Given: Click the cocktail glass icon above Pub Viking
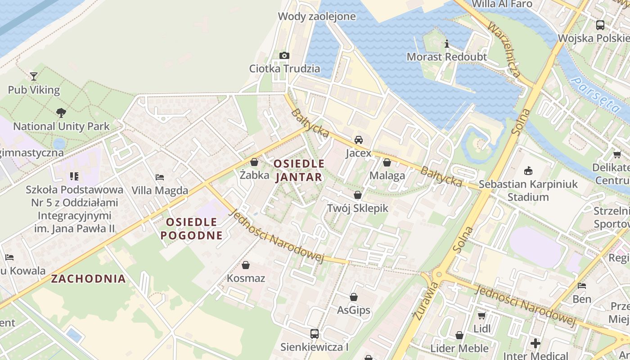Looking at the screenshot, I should click(x=34, y=76).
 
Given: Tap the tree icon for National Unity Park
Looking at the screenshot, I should click(x=61, y=112).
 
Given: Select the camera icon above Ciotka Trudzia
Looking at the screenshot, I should click(x=284, y=55).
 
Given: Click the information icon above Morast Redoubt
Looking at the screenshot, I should click(x=447, y=44).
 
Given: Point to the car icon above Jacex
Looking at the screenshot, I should click(x=359, y=140).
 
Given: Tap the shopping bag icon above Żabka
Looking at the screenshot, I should click(x=254, y=162).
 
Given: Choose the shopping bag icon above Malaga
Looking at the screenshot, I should click(x=387, y=162).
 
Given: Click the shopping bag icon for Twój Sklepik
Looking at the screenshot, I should click(x=358, y=195).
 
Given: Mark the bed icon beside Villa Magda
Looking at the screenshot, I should click(x=160, y=177).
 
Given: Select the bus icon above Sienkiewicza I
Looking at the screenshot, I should click(x=315, y=334).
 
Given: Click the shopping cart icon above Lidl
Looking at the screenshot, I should click(x=482, y=315).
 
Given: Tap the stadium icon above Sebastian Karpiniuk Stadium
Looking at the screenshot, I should click(x=528, y=171).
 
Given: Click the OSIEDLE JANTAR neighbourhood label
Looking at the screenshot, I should click(x=299, y=170).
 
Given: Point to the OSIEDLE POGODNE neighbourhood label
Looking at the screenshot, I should click(x=192, y=229).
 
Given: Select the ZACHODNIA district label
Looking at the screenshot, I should click(x=88, y=279).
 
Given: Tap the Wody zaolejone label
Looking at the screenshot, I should click(x=317, y=17).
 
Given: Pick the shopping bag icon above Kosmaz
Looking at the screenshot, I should click(x=246, y=265).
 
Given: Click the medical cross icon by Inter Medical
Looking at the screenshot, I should click(x=535, y=343).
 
